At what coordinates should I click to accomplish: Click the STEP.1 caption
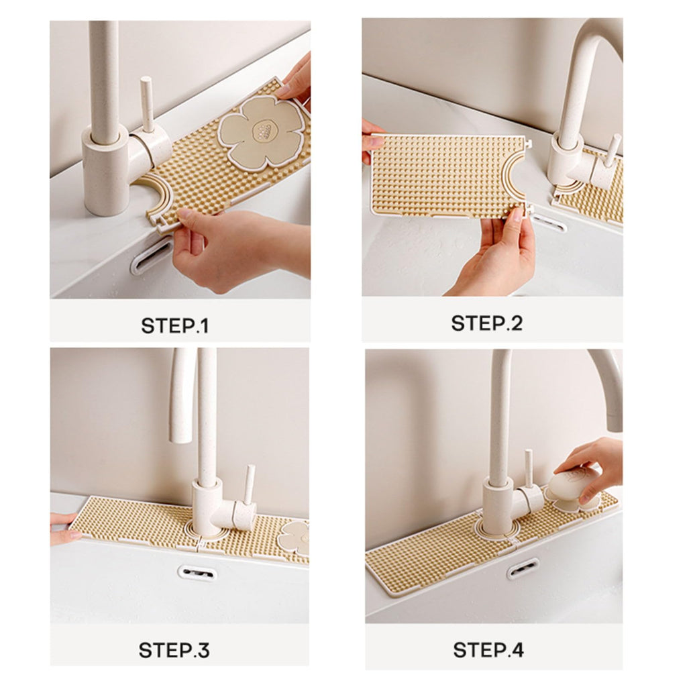175,326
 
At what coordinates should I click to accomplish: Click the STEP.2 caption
486,323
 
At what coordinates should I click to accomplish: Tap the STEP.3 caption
174,649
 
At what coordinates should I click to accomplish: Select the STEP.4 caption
488,649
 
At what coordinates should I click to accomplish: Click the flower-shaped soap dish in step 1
262,130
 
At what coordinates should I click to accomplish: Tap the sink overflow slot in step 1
151,256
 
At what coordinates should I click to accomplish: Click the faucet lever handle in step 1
146,101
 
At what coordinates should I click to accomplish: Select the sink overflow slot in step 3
195,573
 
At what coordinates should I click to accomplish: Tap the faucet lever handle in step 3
249,484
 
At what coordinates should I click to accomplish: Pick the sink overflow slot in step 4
523,570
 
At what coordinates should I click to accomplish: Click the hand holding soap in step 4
594,462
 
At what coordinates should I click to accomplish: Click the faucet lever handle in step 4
529,470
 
